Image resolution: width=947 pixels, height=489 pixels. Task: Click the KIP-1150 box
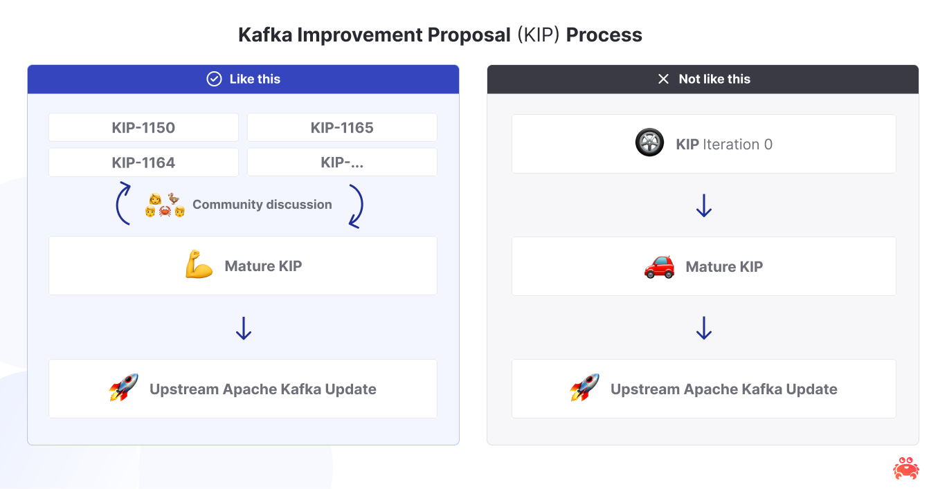(143, 128)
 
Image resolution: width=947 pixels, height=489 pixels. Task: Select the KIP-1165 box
(342, 128)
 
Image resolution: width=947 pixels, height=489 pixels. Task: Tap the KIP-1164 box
(143, 163)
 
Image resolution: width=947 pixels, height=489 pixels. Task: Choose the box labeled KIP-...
(342, 163)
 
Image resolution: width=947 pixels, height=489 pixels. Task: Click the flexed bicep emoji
(199, 266)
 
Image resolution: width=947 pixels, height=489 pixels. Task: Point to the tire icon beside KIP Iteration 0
(649, 143)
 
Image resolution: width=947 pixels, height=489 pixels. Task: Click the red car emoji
(659, 266)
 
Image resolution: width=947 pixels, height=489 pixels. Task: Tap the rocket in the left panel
(124, 388)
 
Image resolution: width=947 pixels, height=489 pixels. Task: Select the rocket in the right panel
(585, 388)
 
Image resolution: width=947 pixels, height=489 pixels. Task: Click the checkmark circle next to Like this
(214, 79)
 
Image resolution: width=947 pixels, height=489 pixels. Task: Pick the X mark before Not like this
(663, 79)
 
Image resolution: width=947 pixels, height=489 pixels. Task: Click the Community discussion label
(262, 205)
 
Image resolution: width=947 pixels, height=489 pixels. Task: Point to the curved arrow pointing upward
(123, 203)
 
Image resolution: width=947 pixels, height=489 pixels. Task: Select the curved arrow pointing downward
(356, 205)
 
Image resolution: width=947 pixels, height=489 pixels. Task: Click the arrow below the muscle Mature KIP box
(243, 328)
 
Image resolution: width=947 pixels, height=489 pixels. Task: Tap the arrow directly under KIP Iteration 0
(704, 205)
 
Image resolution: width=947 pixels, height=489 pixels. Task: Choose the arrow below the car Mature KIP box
(704, 328)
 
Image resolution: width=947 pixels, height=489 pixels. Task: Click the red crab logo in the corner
(905, 468)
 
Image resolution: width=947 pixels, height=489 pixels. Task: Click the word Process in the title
(604, 35)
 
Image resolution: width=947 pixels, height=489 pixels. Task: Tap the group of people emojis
(165, 205)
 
